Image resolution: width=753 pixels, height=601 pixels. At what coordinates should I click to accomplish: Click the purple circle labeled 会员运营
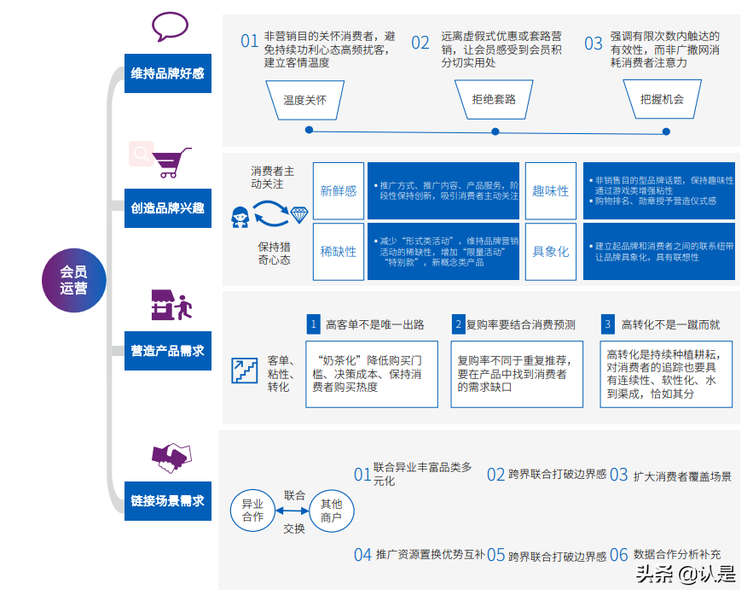click(73, 279)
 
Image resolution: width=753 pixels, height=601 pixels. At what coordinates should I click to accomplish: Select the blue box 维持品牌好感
click(167, 73)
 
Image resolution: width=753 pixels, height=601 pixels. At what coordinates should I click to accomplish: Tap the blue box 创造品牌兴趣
click(167, 208)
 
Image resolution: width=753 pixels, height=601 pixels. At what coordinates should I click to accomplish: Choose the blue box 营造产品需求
click(167, 351)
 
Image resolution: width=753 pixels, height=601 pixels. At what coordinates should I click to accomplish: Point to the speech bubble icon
click(170, 27)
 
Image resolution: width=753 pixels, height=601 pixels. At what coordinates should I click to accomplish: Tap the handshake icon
click(171, 458)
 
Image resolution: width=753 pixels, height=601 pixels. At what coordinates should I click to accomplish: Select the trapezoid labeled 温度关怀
click(304, 99)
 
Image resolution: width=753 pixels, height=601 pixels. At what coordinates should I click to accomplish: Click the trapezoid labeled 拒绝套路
click(494, 99)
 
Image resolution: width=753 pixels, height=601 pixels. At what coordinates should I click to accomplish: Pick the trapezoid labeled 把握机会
click(662, 99)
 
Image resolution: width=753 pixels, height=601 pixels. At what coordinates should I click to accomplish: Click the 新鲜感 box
click(339, 191)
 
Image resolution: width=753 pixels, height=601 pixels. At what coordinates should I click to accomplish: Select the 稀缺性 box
click(339, 252)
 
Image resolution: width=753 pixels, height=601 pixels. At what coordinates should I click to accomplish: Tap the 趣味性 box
click(550, 191)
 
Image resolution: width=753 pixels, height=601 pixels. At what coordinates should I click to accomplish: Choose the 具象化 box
click(550, 252)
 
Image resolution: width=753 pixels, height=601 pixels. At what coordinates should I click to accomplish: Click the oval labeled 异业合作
click(252, 511)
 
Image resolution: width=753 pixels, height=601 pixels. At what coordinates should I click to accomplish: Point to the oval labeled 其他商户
click(330, 511)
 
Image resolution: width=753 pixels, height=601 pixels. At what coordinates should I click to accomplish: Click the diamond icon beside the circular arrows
click(298, 215)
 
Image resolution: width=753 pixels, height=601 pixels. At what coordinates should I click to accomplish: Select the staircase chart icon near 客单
click(244, 371)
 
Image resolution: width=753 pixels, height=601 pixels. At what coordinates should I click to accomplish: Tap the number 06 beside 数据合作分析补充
click(619, 555)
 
